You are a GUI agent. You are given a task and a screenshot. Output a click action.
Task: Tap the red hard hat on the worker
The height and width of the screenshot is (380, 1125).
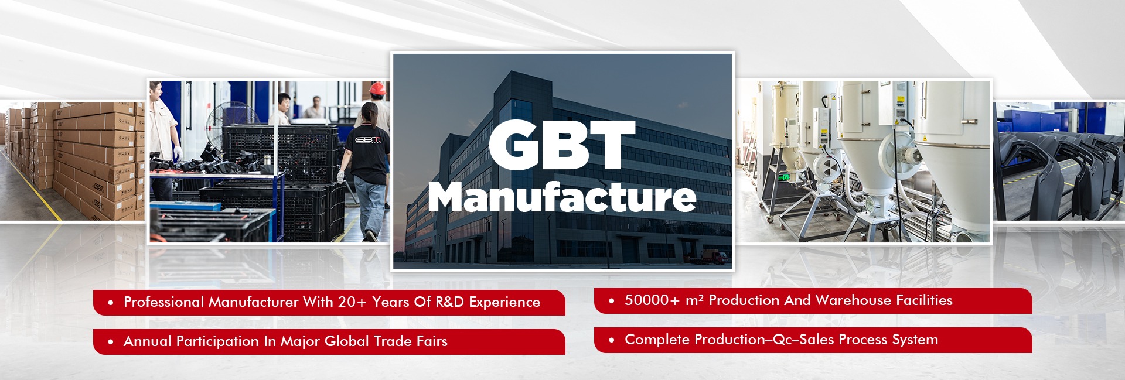[379, 88]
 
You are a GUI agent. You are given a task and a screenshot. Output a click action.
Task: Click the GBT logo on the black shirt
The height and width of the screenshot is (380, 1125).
[367, 140]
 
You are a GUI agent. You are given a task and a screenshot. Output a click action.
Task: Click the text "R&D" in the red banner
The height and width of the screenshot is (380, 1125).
[449, 302]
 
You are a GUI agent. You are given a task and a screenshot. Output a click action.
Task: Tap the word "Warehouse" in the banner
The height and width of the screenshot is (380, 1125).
[853, 300]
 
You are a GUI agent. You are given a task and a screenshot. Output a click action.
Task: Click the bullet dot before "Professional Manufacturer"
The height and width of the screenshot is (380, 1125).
[111, 303]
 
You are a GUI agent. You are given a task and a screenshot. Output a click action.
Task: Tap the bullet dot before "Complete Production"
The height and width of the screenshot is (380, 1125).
[612, 340]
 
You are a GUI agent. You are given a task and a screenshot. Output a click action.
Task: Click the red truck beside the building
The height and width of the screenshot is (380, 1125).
[712, 256]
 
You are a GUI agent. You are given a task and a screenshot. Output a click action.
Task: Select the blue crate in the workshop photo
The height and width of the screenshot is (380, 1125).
[186, 207]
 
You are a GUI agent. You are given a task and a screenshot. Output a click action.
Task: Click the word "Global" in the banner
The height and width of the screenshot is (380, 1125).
[347, 341]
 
